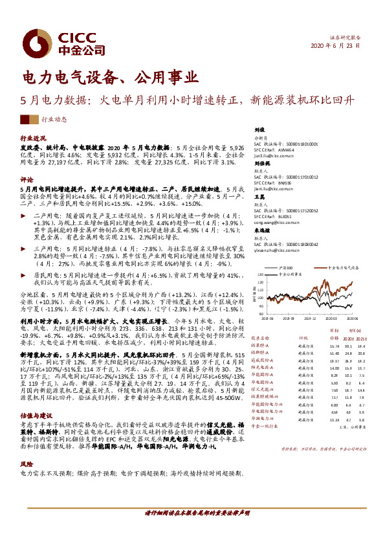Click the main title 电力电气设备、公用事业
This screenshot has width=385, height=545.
(109, 78)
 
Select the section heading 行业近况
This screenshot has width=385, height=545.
(34, 139)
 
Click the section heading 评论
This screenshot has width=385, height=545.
(27, 179)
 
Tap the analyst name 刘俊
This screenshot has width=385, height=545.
(259, 129)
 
